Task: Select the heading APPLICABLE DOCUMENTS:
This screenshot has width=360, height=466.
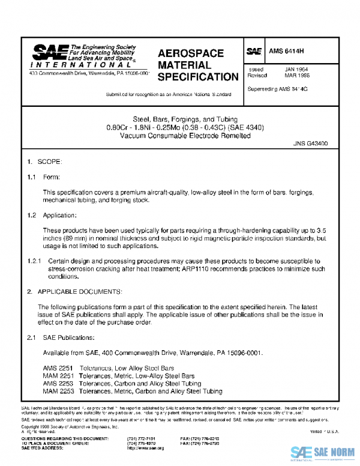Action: coord(80,292)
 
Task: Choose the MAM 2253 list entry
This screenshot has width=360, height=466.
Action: coord(58,392)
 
